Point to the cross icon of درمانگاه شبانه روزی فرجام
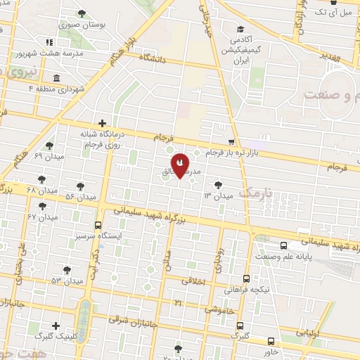(x=103, y=123)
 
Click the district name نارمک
(x=255, y=192)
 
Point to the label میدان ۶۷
(x=41, y=217)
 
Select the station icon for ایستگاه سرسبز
(x=99, y=226)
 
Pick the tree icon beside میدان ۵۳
(x=67, y=269)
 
